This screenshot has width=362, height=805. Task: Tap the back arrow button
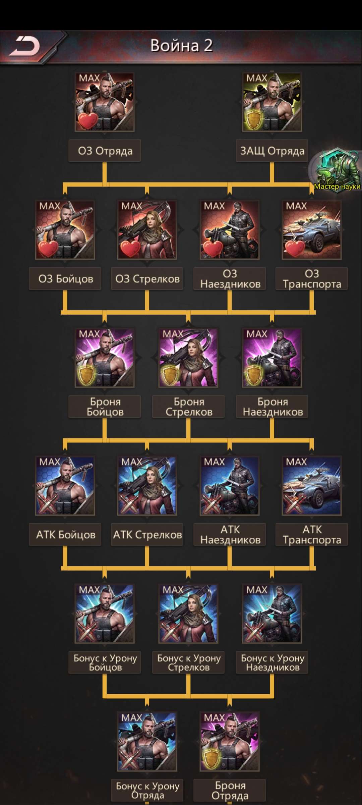coord(24,46)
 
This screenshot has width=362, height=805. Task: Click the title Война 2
coord(181,46)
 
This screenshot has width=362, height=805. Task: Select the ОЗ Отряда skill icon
coord(105,102)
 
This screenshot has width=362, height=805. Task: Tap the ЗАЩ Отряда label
coord(272,151)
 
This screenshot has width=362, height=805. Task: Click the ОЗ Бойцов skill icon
coord(65,230)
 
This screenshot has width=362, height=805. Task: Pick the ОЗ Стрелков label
coord(147,279)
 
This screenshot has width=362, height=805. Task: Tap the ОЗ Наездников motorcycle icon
coord(230,230)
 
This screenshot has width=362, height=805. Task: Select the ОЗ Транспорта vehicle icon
coord(312,230)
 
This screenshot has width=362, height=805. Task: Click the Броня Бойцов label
coord(105,407)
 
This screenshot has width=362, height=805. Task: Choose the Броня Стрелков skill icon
coord(188,358)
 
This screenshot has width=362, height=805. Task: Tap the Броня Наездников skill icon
coord(272,358)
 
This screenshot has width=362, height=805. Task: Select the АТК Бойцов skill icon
coord(65,486)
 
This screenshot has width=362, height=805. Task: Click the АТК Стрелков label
coord(147,535)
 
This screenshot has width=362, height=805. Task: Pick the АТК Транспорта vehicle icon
coord(312,486)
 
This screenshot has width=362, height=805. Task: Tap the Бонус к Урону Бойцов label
coord(105,662)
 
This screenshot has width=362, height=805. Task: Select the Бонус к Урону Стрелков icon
coord(188,614)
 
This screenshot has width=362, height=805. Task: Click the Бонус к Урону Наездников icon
coord(272,614)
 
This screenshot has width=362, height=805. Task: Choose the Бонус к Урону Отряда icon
coord(147,742)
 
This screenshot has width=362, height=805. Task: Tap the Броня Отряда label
coord(230,791)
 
